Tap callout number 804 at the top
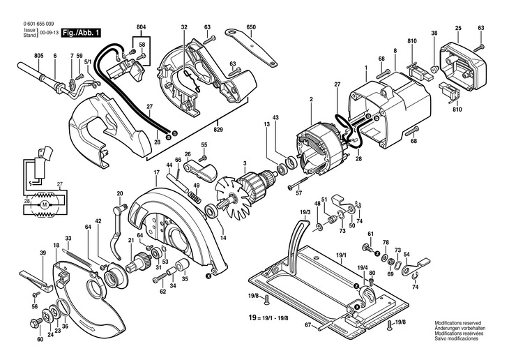point(142,27)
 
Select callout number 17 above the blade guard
point(157,172)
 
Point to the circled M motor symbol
point(44,204)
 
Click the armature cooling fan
point(230,197)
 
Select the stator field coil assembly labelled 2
point(321,148)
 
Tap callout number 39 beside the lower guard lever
point(43,253)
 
